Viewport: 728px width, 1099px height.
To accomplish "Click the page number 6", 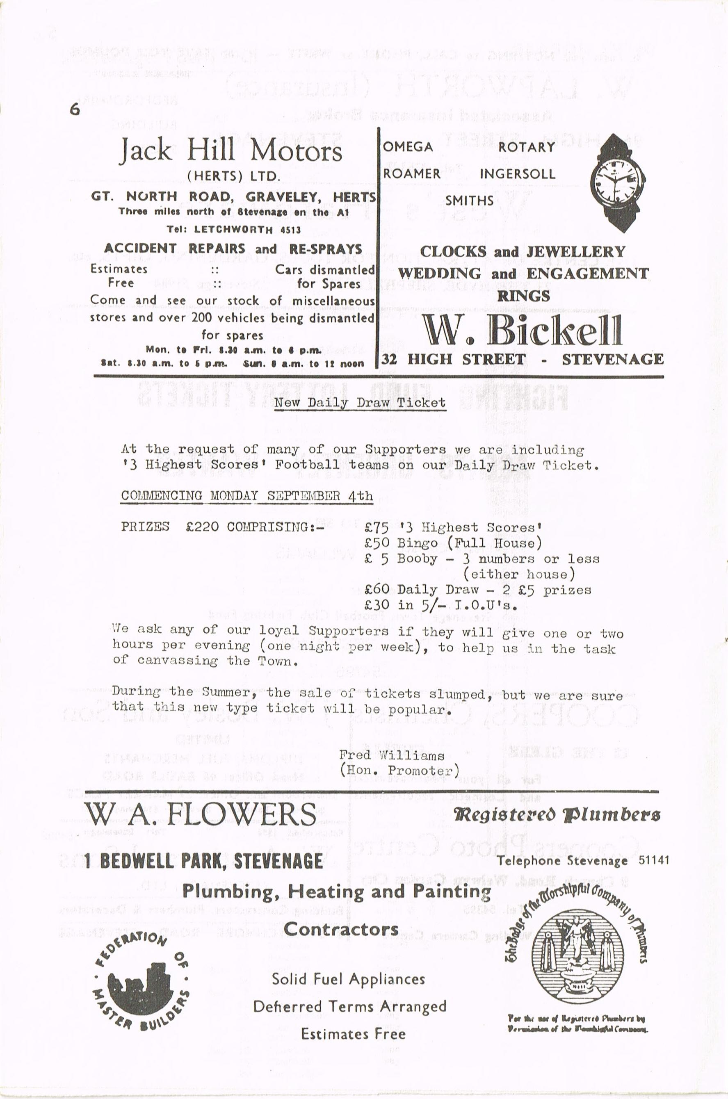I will click(x=75, y=110).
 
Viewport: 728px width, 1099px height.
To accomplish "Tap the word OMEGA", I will click(x=408, y=147).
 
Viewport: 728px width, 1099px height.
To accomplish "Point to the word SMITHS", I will click(x=469, y=201).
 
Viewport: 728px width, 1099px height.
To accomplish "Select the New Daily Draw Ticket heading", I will click(x=360, y=402).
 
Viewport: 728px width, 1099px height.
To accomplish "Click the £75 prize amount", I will click(x=376, y=528).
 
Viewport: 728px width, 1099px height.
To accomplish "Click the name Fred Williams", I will click(x=391, y=755).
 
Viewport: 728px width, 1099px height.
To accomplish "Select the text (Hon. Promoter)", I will click(x=399, y=771).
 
